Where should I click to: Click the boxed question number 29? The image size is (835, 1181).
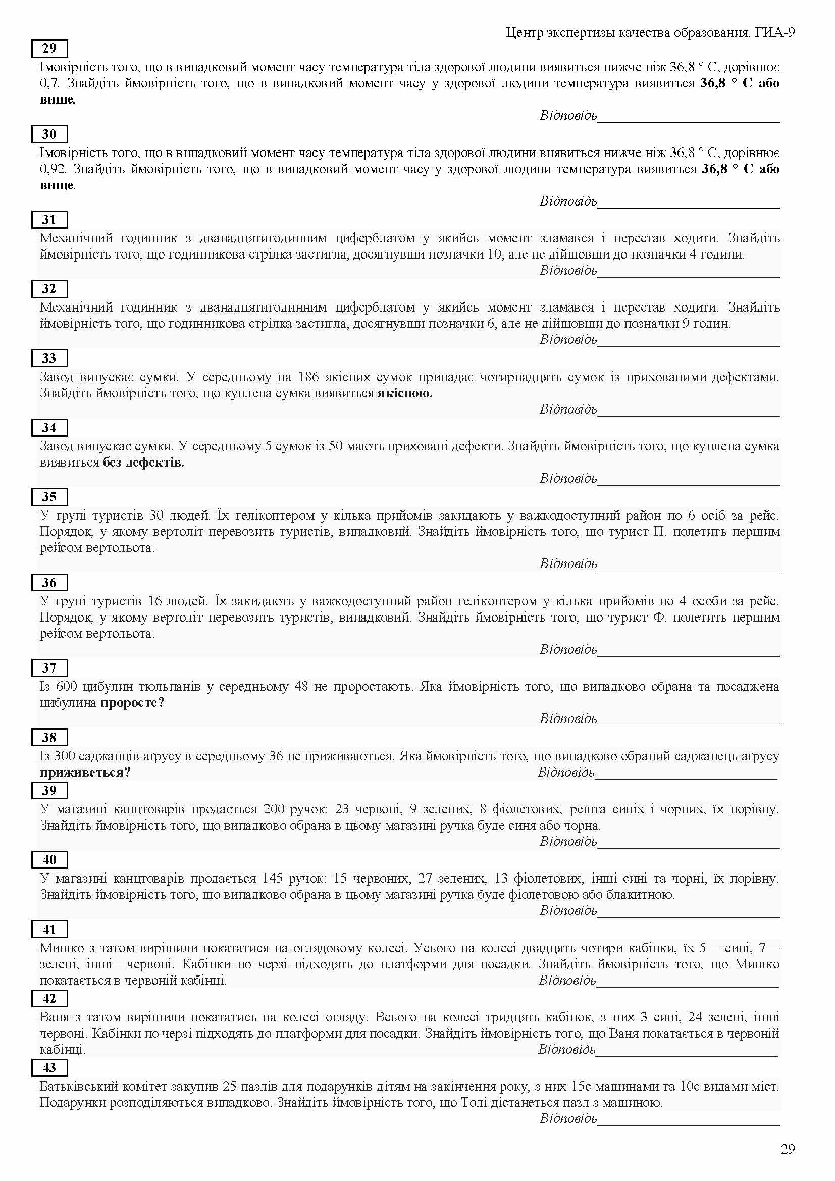[x=49, y=48]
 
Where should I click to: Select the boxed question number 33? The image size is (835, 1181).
[x=49, y=358]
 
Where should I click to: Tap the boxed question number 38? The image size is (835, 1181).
[x=49, y=737]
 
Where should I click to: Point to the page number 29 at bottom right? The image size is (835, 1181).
[x=788, y=1149]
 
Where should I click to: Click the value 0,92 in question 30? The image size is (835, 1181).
[x=52, y=169]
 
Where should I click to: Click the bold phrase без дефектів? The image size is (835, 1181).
[x=143, y=463]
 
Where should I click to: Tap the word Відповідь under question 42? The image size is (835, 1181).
[x=566, y=1049]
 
